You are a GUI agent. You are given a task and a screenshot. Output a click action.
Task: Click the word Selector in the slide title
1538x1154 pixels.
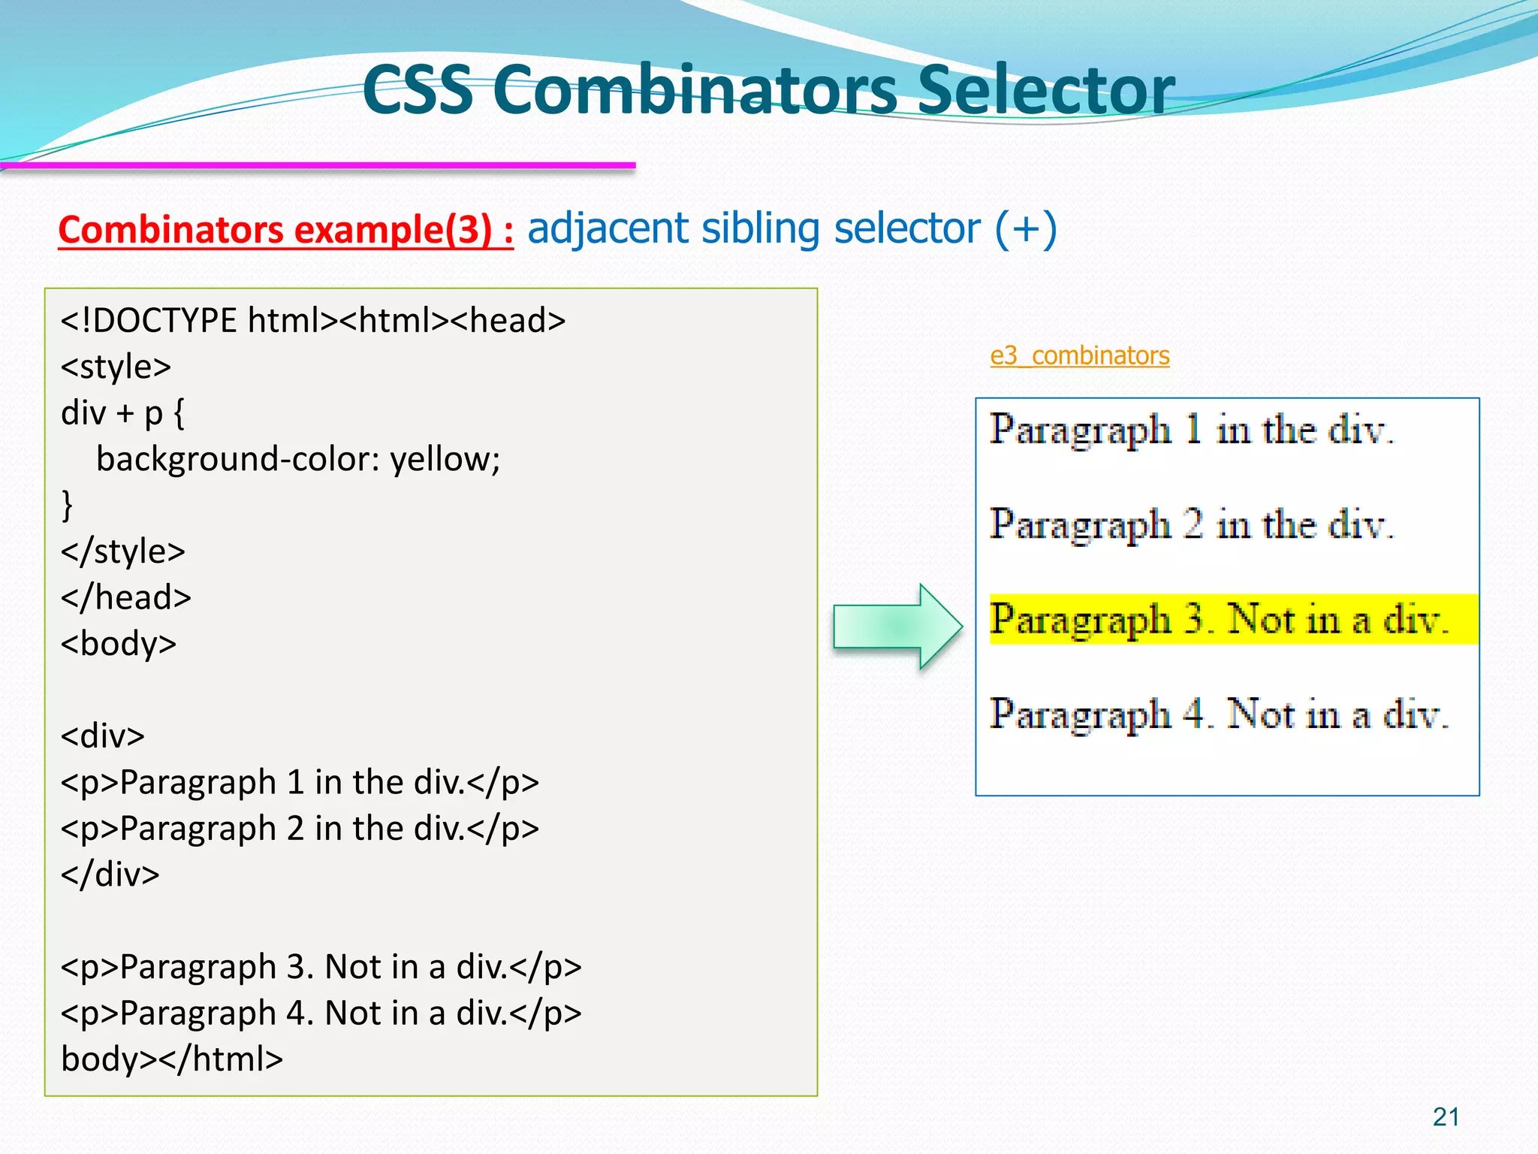[x=1045, y=90]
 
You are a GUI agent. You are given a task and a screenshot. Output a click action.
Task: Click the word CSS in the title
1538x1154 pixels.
[x=418, y=90]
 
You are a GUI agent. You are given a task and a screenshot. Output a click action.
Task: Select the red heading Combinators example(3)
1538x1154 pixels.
[x=285, y=229]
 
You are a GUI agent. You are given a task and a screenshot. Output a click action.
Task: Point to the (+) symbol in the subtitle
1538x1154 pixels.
[x=1026, y=228]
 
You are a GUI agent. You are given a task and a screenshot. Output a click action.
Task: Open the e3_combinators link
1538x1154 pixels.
[x=1079, y=355]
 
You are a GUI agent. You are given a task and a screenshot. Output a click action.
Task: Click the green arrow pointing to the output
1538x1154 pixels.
[x=897, y=626]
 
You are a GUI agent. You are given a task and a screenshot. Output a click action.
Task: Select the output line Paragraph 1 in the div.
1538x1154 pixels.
[x=1191, y=430]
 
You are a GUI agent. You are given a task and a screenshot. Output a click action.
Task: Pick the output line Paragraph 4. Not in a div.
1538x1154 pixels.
[x=1218, y=714]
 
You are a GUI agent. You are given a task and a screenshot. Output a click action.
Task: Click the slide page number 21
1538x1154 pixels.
[x=1446, y=1117]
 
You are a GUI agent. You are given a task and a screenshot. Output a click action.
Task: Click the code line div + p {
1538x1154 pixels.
[x=122, y=413]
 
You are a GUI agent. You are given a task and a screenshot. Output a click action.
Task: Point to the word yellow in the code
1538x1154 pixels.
[x=445, y=459]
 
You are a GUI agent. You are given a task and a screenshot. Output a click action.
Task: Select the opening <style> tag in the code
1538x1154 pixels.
[x=116, y=367]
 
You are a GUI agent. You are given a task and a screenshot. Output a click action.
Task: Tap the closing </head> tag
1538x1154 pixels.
[x=126, y=598]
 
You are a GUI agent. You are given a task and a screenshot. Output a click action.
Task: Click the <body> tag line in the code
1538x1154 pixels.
[x=119, y=644]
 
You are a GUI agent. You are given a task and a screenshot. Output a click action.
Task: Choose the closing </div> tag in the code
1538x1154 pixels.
[x=110, y=875]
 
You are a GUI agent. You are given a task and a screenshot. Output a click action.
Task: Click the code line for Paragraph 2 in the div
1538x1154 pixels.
[x=300, y=829]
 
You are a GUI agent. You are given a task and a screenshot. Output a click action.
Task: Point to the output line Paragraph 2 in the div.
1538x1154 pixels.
[x=1191, y=524]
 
